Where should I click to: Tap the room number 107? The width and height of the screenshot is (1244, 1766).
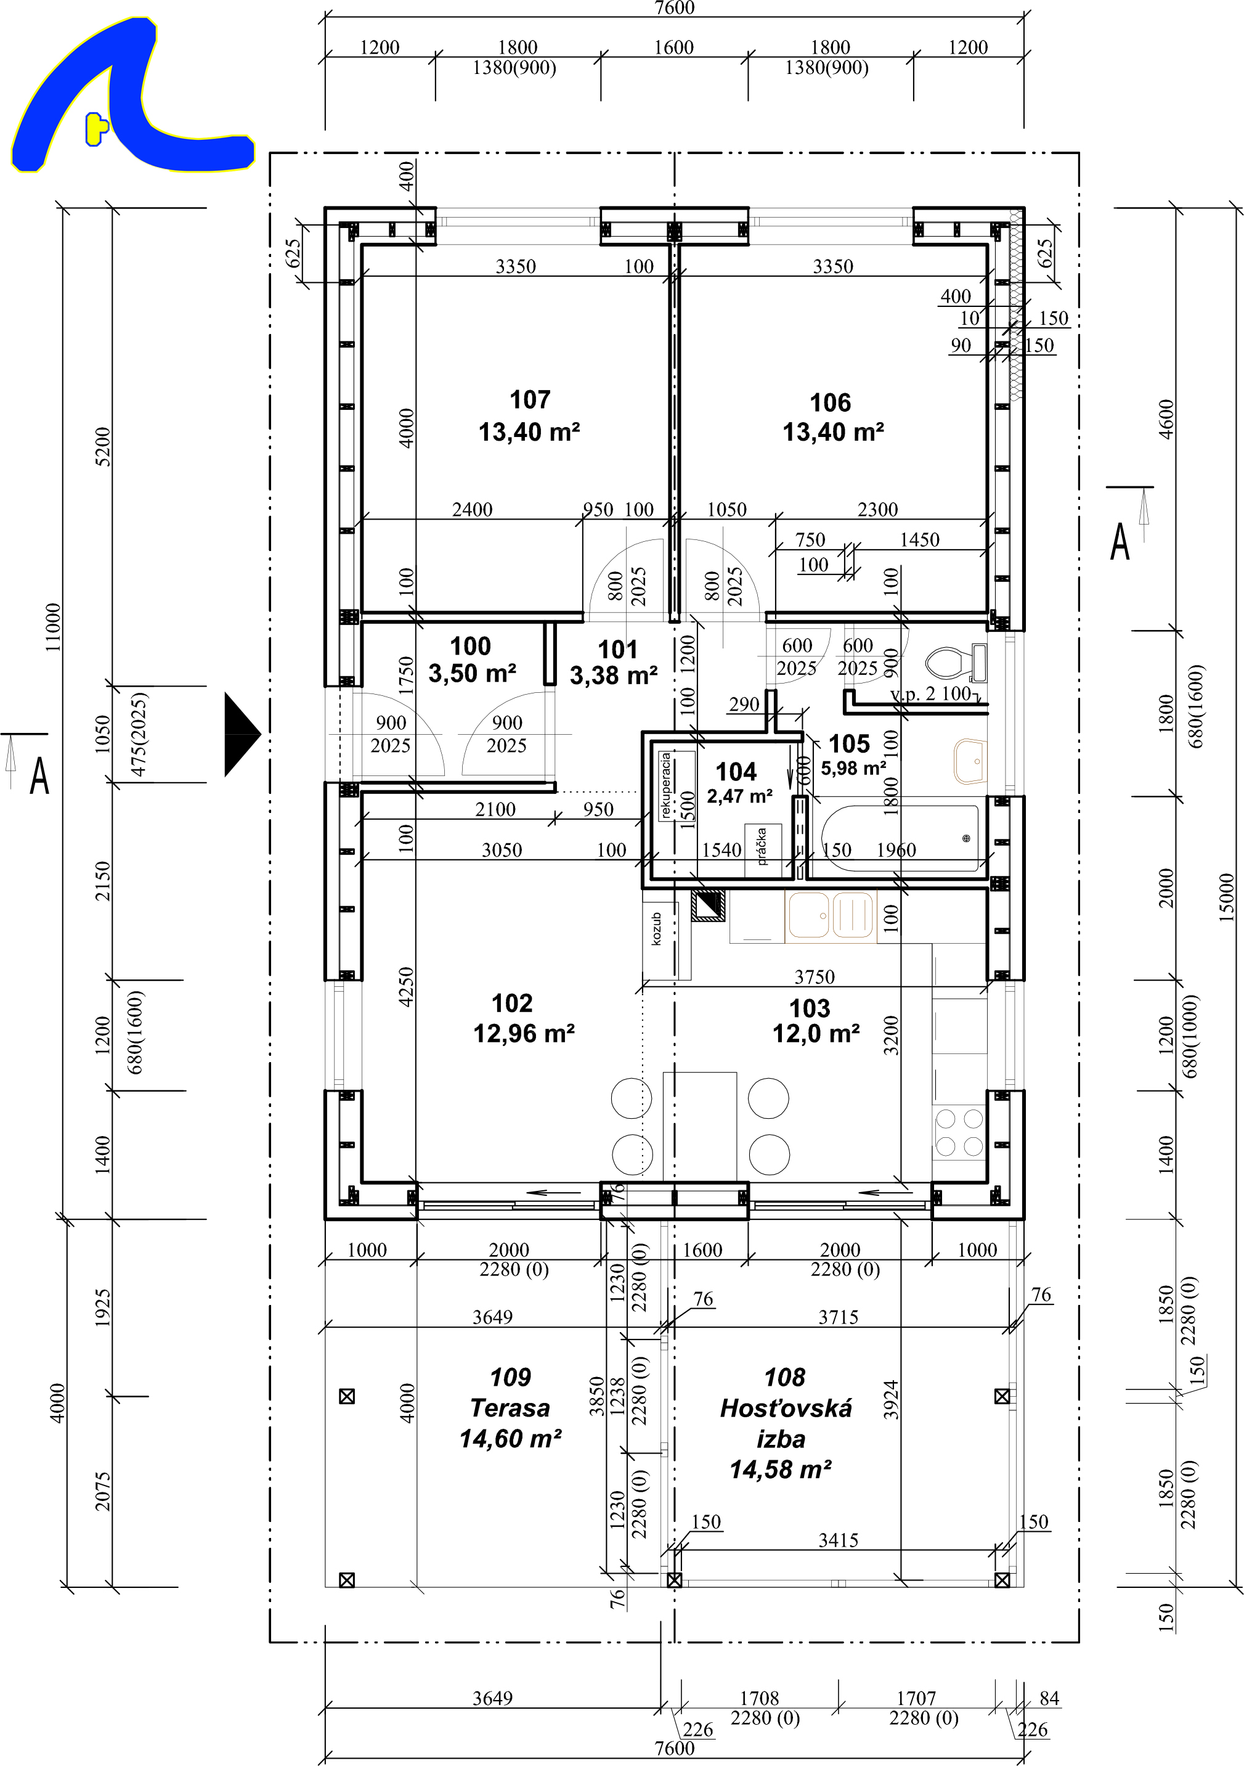pyautogui.click(x=530, y=400)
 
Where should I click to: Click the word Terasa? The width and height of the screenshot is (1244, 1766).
pyautogui.click(x=510, y=1408)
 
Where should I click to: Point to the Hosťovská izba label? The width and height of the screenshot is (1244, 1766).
pyautogui.click(x=785, y=1424)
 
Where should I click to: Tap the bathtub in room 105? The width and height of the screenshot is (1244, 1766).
pyautogui.click(x=900, y=838)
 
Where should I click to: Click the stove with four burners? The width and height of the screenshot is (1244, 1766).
pyautogui.click(x=959, y=1133)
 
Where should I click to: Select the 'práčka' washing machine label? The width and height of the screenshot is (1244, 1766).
pyautogui.click(x=761, y=846)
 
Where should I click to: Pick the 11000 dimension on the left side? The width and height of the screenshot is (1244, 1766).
pyautogui.click(x=52, y=627)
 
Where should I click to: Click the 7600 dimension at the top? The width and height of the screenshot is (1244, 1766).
pyautogui.click(x=674, y=7)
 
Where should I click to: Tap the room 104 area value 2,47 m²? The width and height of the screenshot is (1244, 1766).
pyautogui.click(x=739, y=796)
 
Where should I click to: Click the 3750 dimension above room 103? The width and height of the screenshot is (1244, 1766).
pyautogui.click(x=814, y=977)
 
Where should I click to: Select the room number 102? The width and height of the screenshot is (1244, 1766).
pyautogui.click(x=512, y=1003)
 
